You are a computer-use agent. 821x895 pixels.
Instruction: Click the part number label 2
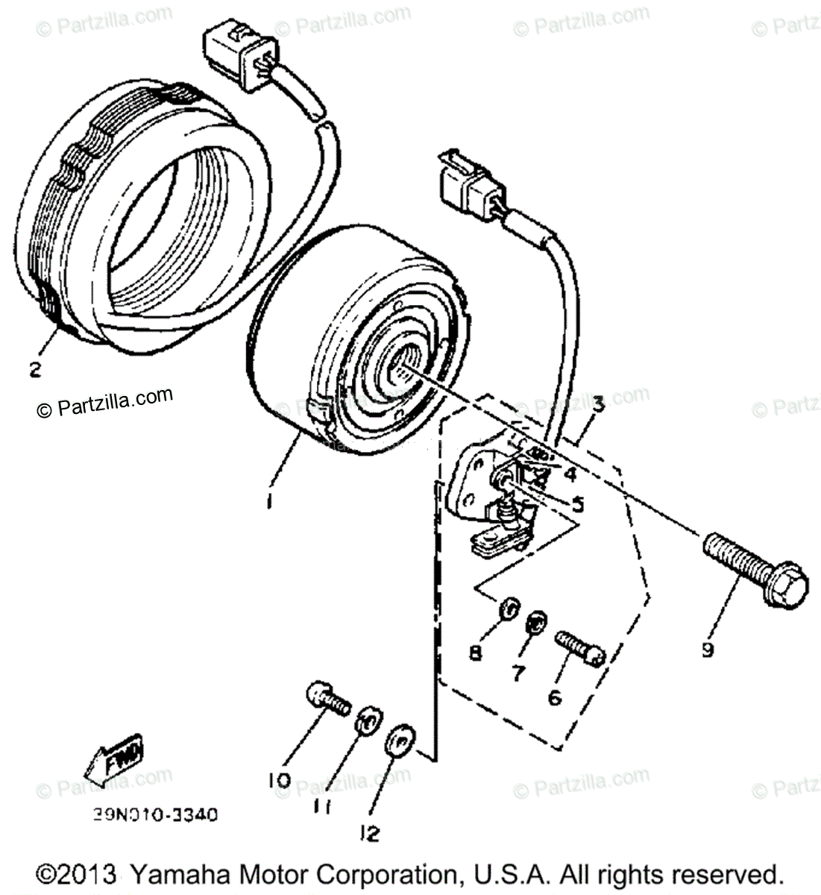(x=34, y=369)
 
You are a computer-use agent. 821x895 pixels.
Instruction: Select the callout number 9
(x=707, y=650)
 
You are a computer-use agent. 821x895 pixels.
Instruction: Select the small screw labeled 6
(x=579, y=647)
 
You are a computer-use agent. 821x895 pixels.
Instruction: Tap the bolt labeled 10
(x=327, y=700)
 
